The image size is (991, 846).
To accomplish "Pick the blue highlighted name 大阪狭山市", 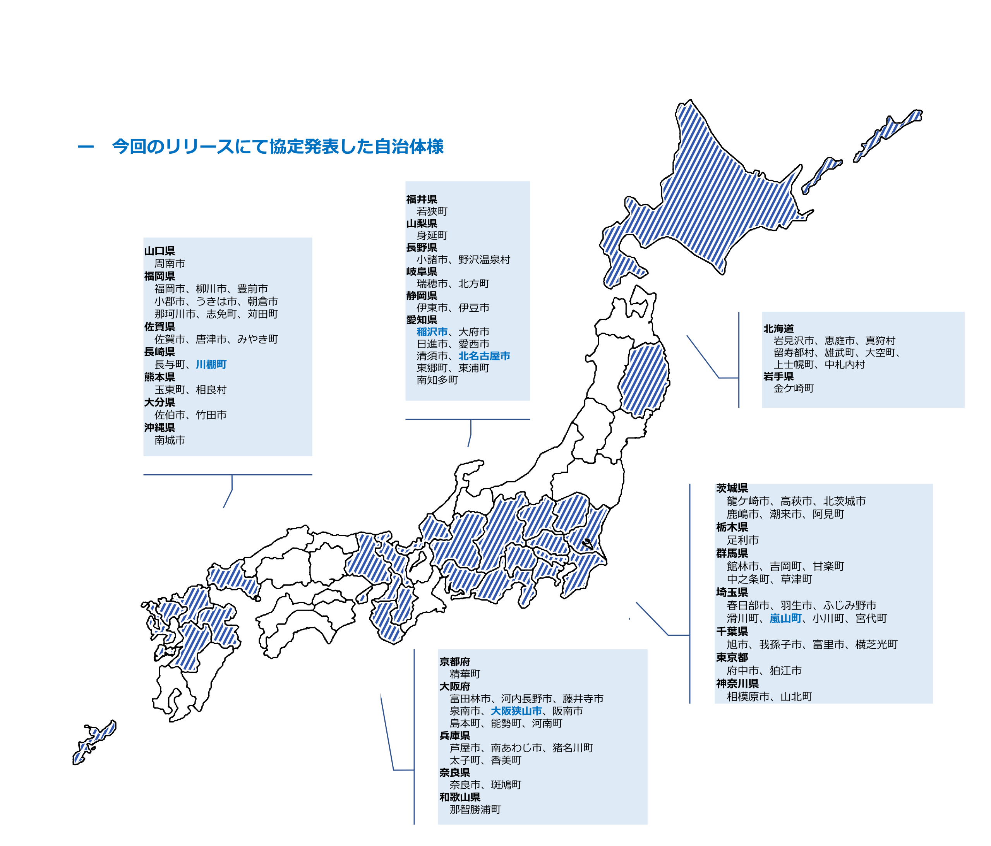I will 516,711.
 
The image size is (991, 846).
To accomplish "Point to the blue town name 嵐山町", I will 785,618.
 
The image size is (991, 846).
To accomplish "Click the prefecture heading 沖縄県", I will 160,428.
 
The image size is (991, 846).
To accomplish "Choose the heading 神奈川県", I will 737,684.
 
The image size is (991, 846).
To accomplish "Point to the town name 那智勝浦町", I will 475,810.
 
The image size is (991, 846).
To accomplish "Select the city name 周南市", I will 170,264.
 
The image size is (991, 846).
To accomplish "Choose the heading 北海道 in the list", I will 778,329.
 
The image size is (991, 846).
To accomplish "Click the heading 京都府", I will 454,662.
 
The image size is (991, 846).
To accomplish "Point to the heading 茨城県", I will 732,488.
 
